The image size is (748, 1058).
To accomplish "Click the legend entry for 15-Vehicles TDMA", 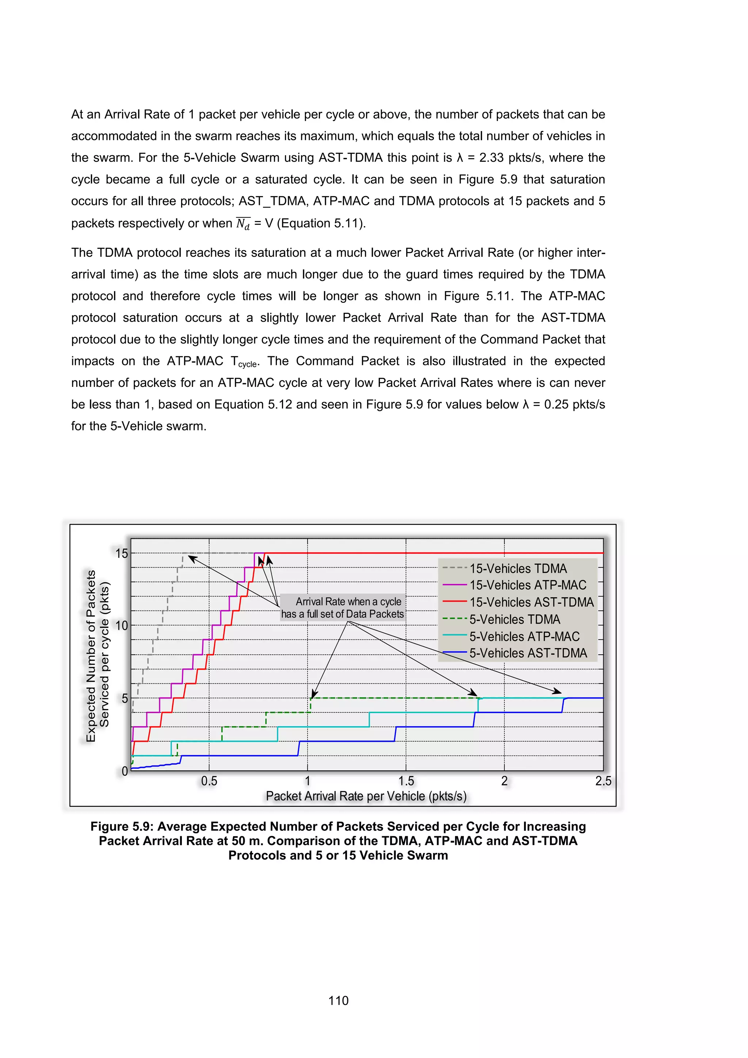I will click(x=518, y=568).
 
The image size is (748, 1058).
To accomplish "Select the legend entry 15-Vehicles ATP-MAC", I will click(x=527, y=585).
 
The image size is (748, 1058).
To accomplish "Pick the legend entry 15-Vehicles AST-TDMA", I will click(x=531, y=602).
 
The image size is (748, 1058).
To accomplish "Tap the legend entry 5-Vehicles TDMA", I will click(x=515, y=619).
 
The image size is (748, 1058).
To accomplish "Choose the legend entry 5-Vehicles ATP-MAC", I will click(x=524, y=636).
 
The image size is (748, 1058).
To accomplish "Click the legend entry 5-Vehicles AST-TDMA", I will click(x=528, y=654).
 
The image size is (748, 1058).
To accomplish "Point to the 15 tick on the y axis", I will click(x=122, y=553).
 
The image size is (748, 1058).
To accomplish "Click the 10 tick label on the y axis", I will click(x=122, y=626).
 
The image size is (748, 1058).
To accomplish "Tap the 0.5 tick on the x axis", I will click(x=209, y=781).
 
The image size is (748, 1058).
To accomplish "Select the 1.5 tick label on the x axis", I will click(x=406, y=781).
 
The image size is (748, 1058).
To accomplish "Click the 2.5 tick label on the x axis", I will click(x=603, y=781).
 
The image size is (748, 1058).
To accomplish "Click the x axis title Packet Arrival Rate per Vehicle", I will click(x=366, y=796).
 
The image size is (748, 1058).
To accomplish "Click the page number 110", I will click(x=338, y=1000).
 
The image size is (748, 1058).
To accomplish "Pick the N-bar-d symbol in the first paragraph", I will click(x=243, y=224).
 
